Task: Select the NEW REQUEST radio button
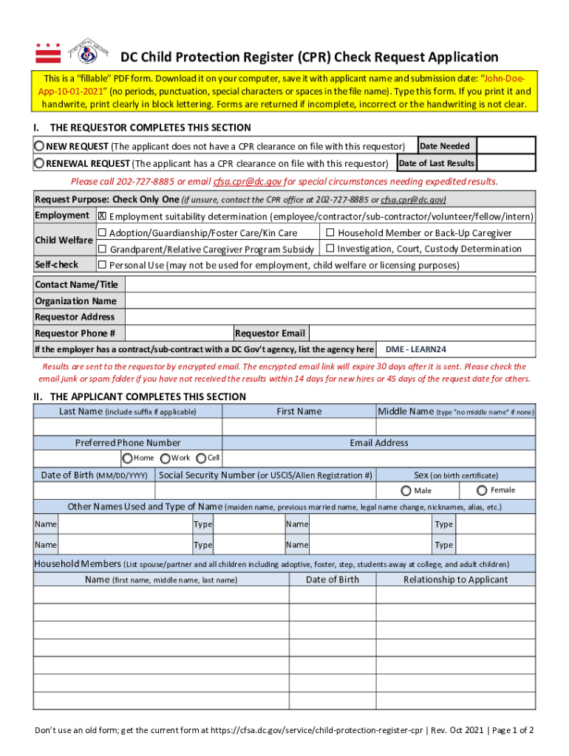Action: click(x=40, y=146)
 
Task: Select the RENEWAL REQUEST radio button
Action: click(x=40, y=163)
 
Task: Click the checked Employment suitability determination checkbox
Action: click(x=103, y=216)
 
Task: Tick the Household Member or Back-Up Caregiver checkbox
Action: click(x=330, y=233)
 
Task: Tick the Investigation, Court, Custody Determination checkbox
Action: click(x=330, y=249)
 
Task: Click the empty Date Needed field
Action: click(x=505, y=145)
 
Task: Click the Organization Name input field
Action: click(x=329, y=300)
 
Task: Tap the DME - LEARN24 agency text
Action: click(x=416, y=349)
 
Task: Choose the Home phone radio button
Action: click(x=127, y=458)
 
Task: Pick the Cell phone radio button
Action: click(x=200, y=458)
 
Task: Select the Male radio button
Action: click(x=406, y=490)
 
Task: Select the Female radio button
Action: click(x=483, y=490)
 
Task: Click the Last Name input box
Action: click(x=127, y=427)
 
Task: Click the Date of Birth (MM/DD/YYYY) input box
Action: click(x=94, y=490)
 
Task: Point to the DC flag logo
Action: click(x=48, y=53)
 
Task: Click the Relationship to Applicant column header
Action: click(x=455, y=580)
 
